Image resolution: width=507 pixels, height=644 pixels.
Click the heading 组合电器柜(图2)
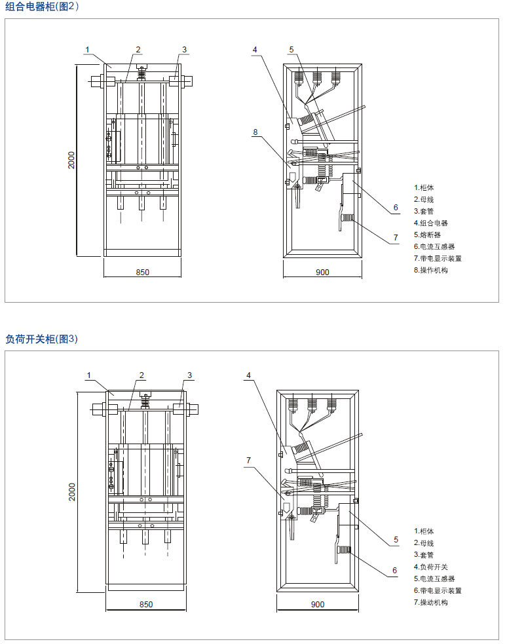coord(42,7)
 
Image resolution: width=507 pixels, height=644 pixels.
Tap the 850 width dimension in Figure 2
coord(143,272)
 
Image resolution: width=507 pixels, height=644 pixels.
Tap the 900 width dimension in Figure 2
coord(322,272)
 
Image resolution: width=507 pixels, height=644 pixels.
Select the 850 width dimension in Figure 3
coord(146,604)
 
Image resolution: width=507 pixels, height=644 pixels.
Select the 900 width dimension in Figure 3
coord(318,604)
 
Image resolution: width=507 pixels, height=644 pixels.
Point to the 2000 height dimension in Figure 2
coord(72,161)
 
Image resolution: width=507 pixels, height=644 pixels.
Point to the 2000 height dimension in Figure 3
coord(73,492)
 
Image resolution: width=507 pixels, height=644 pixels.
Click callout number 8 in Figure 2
coord(255,132)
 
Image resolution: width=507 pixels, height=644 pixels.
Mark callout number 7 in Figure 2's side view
coord(396,237)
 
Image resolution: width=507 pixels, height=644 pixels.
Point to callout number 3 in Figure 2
coord(184,49)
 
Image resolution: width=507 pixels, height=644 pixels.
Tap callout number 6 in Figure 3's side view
coord(394,570)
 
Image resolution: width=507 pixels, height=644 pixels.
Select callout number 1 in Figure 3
coord(88,375)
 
